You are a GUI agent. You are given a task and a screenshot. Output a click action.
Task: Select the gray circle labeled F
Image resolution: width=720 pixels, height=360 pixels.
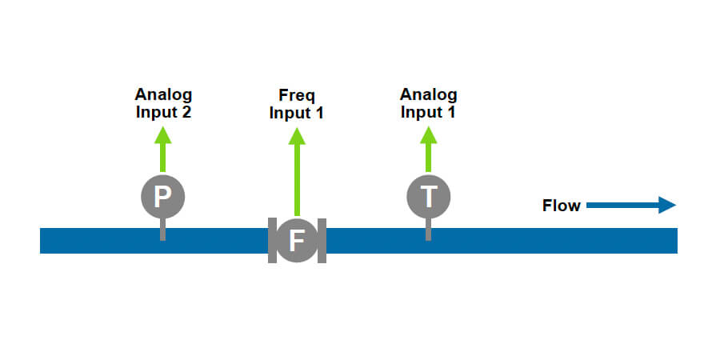click(297, 240)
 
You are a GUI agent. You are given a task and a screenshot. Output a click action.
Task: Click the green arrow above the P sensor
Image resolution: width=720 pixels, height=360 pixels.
click(163, 152)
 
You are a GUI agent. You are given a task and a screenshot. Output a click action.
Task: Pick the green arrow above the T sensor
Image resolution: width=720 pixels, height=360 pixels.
click(429, 152)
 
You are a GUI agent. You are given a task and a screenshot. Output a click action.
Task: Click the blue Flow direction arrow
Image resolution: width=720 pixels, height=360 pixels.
click(632, 206)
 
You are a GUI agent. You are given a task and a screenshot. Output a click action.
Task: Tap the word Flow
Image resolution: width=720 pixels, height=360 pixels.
click(562, 206)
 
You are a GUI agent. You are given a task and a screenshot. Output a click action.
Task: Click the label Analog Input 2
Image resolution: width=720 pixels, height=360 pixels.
click(163, 103)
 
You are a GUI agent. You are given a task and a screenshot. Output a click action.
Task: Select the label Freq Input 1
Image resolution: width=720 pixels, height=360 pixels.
click(297, 104)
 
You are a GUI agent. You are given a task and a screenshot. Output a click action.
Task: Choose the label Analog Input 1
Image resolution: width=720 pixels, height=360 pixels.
click(429, 103)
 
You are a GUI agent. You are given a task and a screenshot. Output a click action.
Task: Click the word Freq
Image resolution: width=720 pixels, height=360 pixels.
click(297, 96)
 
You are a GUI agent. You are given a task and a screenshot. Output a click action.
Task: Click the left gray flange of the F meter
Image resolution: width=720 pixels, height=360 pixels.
click(271, 240)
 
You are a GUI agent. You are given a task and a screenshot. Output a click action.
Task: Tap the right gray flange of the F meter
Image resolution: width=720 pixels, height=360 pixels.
click(322, 240)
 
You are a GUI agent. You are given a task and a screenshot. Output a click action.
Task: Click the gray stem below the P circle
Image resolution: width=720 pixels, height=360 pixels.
click(163, 229)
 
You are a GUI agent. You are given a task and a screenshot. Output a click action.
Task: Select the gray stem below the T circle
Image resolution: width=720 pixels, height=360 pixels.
click(429, 229)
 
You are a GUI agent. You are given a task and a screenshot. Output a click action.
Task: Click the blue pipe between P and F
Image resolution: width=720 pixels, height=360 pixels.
click(216, 241)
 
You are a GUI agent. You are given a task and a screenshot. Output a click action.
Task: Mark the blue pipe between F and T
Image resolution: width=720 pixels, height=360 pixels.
click(372, 241)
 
